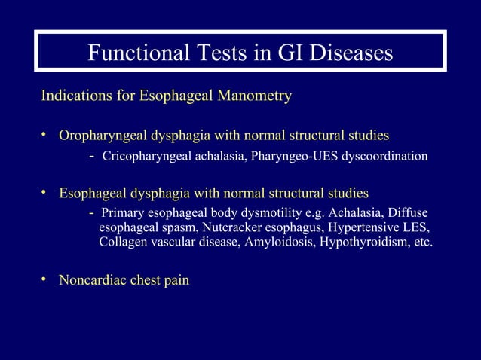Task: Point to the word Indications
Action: [x=75, y=96]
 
